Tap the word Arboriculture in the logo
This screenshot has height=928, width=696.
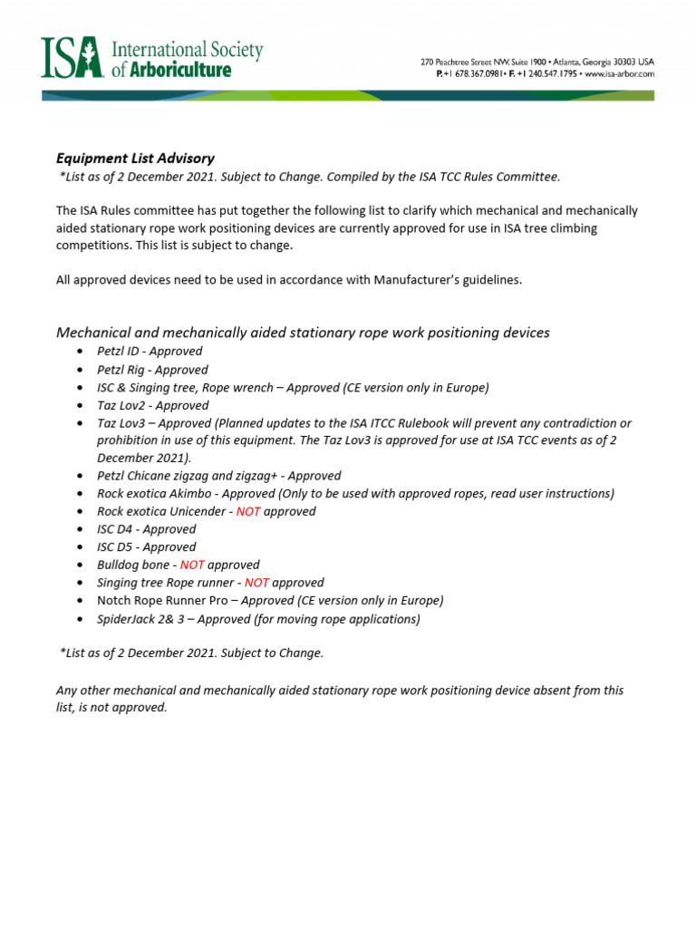point(177,70)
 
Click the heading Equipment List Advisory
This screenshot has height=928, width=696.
point(135,158)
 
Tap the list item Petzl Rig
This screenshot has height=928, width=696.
point(123,370)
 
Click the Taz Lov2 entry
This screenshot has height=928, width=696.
point(121,405)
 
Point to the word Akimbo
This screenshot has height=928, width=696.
point(191,494)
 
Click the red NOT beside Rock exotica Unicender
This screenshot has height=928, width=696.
point(248,511)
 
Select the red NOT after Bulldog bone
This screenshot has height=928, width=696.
point(193,565)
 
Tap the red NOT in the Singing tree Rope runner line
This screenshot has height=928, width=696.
point(256,583)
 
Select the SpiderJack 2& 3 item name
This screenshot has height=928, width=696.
point(141,619)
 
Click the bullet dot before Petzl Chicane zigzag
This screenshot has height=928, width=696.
point(82,476)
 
